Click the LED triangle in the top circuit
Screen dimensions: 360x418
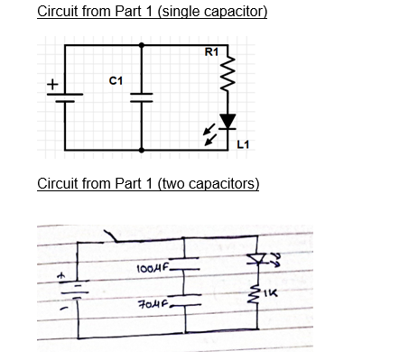(228, 121)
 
